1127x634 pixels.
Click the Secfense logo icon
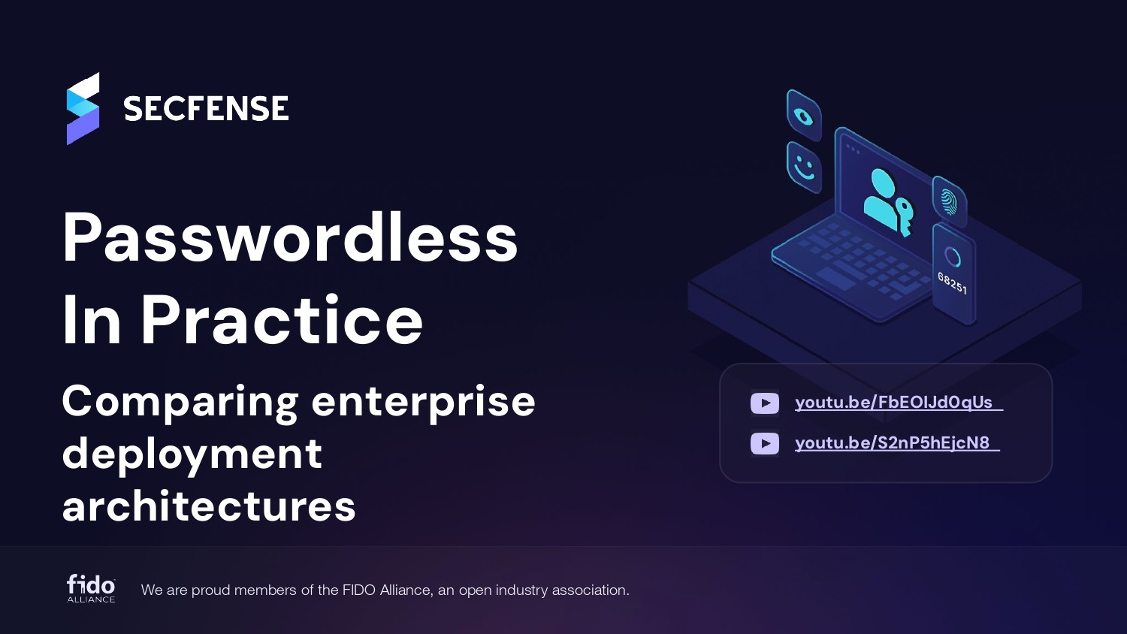click(83, 109)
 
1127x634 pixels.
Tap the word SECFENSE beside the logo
click(206, 110)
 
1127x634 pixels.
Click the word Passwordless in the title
click(290, 237)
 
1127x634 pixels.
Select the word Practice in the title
click(282, 321)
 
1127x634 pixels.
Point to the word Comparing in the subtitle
click(180, 402)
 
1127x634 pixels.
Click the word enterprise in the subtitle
click(423, 402)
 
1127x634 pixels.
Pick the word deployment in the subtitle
click(192, 454)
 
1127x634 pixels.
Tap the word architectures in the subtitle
click(209, 506)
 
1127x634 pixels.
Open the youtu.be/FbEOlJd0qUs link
click(894, 403)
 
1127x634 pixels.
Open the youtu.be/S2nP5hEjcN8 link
click(893, 443)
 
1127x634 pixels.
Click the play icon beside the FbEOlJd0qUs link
click(765, 403)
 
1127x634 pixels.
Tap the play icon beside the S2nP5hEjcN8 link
click(765, 443)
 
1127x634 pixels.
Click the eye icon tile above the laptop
click(804, 116)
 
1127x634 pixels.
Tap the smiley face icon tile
click(804, 166)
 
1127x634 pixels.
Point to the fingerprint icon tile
click(949, 201)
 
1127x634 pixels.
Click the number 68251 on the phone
click(952, 283)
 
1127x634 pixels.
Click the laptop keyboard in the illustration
click(857, 263)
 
